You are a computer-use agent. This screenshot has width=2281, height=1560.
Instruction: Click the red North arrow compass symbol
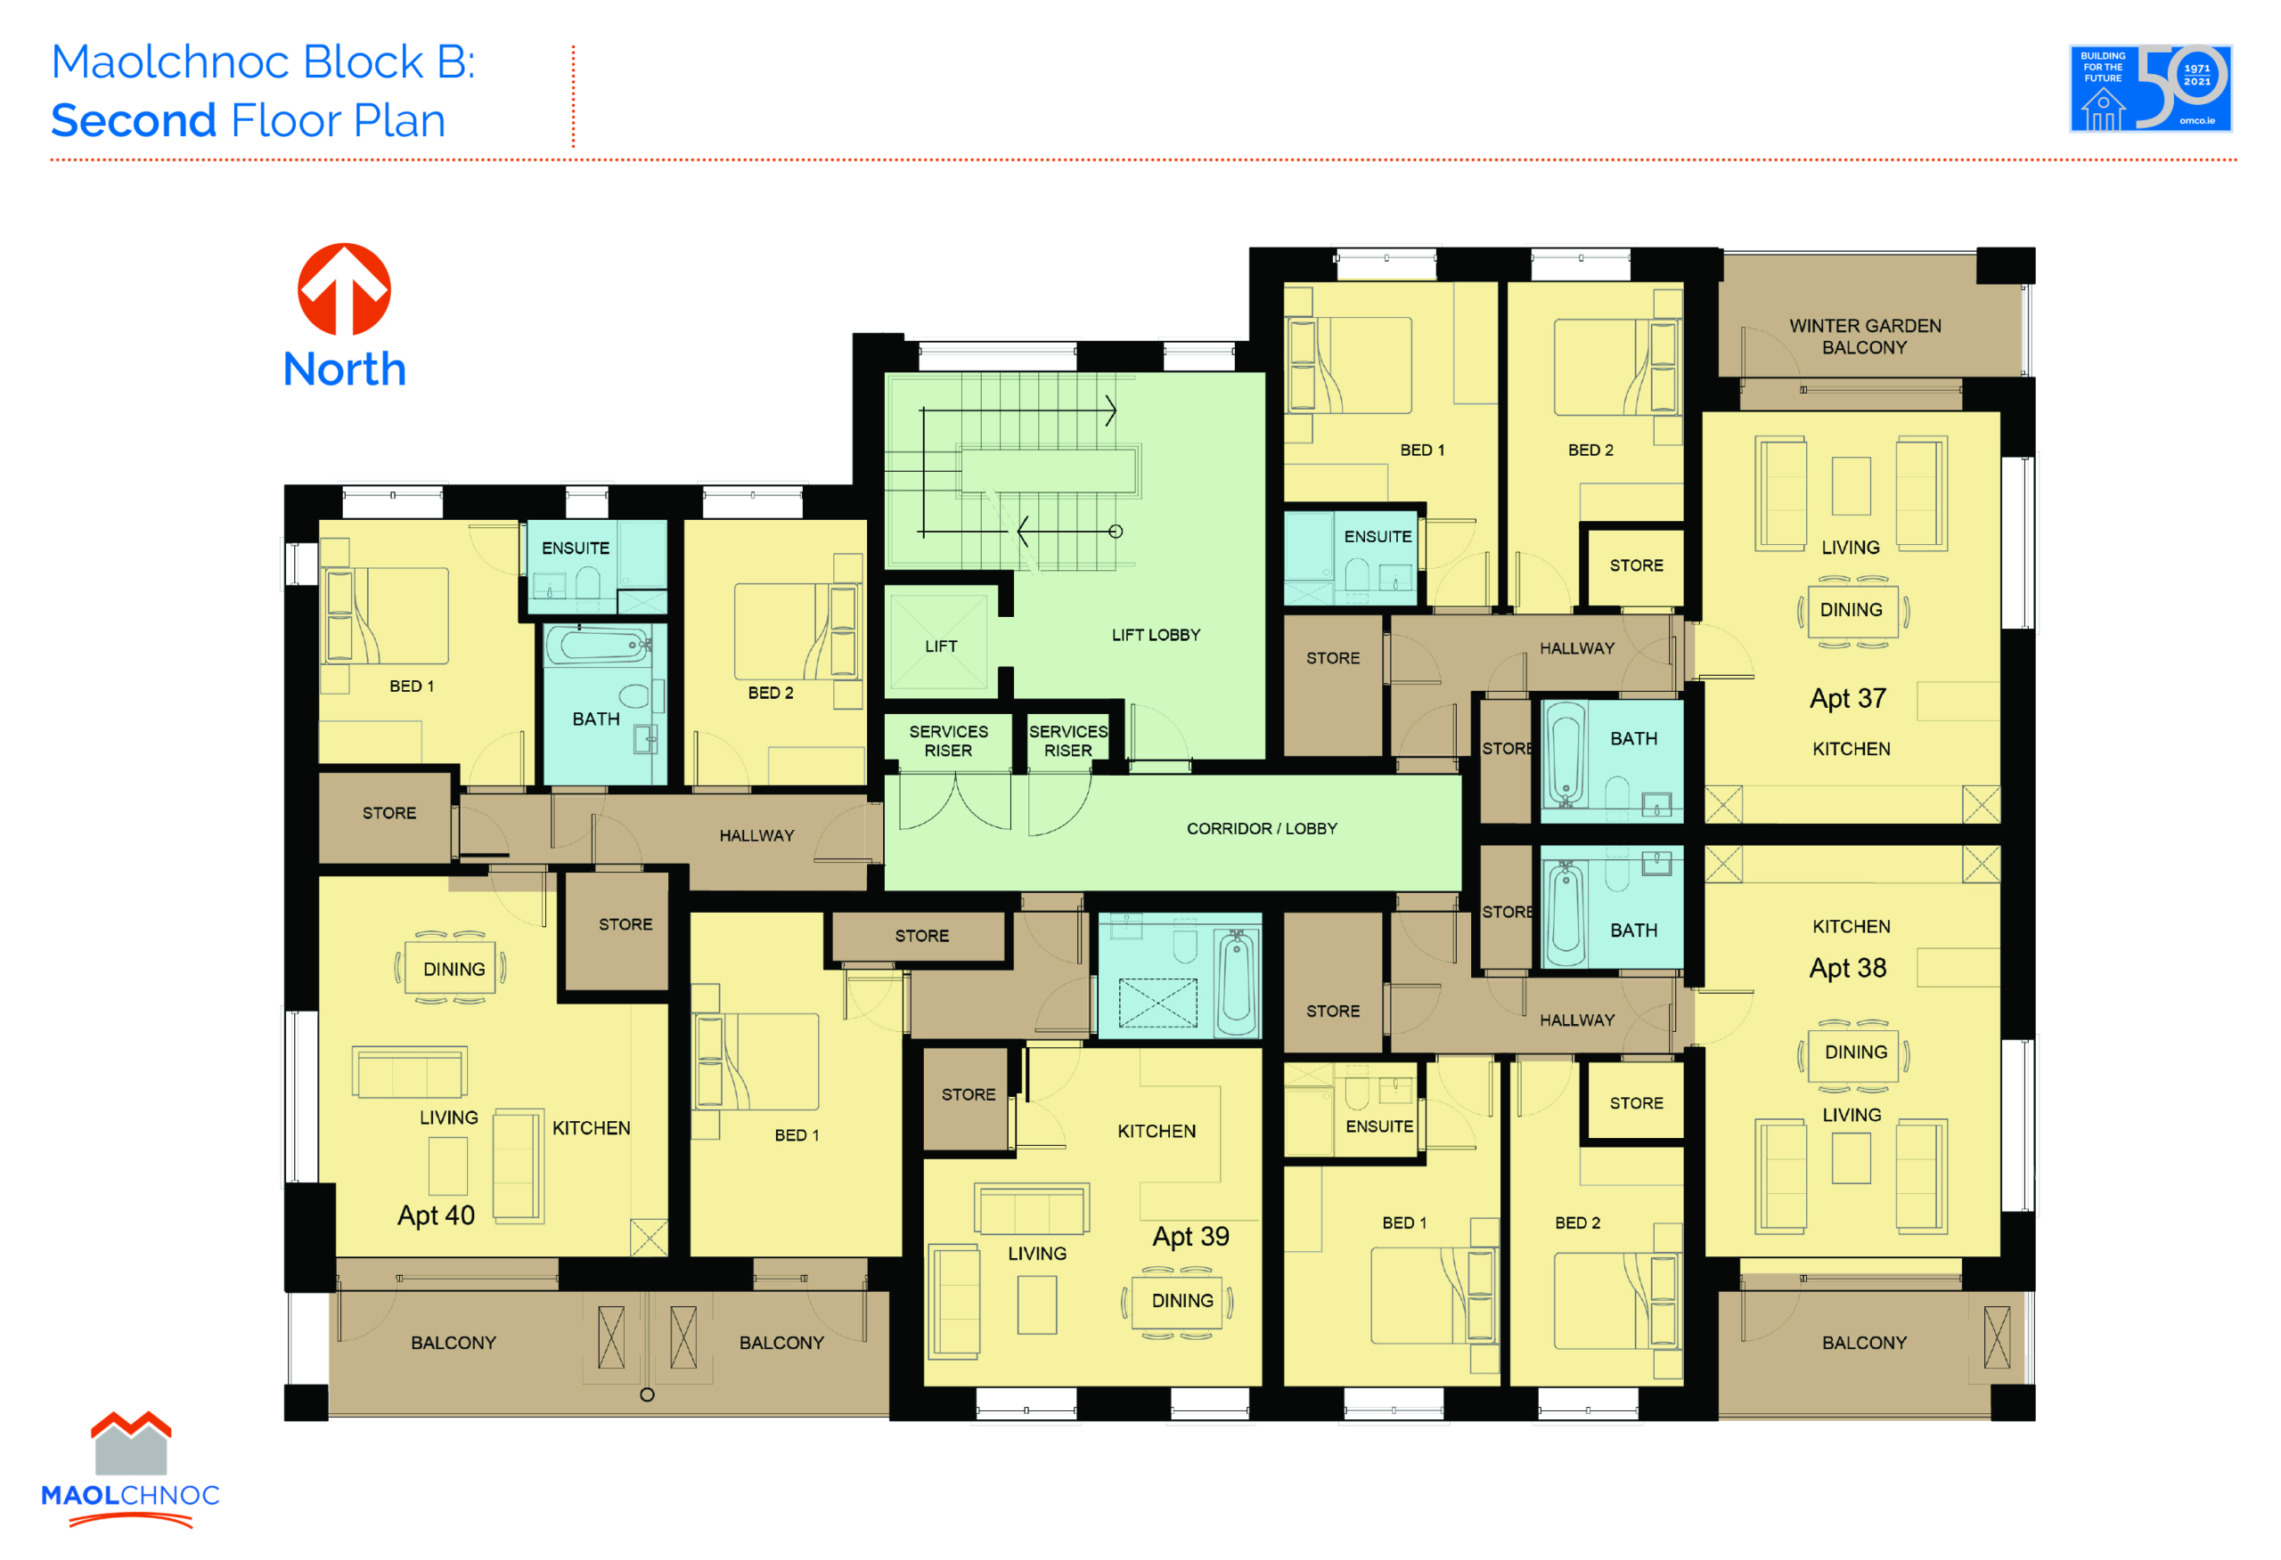point(345,289)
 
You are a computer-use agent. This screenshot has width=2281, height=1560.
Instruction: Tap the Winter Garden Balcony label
point(1865,337)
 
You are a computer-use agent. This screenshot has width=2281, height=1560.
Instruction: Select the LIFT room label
point(940,646)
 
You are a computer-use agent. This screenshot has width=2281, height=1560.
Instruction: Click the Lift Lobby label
point(1156,635)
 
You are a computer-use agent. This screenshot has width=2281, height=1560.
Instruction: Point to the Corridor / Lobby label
point(1261,829)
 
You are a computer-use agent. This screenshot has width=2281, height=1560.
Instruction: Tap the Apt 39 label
point(1190,1236)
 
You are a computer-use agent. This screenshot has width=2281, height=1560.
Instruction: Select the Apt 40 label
point(436,1215)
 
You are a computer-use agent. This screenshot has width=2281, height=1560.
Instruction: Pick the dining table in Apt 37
point(1852,610)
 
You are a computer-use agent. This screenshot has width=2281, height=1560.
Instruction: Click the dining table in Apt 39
point(1181,1301)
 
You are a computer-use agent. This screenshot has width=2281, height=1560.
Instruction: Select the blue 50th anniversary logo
point(2150,88)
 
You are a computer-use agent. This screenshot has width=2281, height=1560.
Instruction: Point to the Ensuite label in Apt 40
point(576,548)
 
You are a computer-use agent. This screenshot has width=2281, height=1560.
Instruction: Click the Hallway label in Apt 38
point(1576,1020)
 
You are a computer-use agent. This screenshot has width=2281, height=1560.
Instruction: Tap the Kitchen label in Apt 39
point(1157,1131)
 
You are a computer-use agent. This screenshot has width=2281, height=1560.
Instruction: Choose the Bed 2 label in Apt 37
point(1590,451)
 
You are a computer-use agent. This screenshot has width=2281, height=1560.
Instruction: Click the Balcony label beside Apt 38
point(1864,1343)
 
